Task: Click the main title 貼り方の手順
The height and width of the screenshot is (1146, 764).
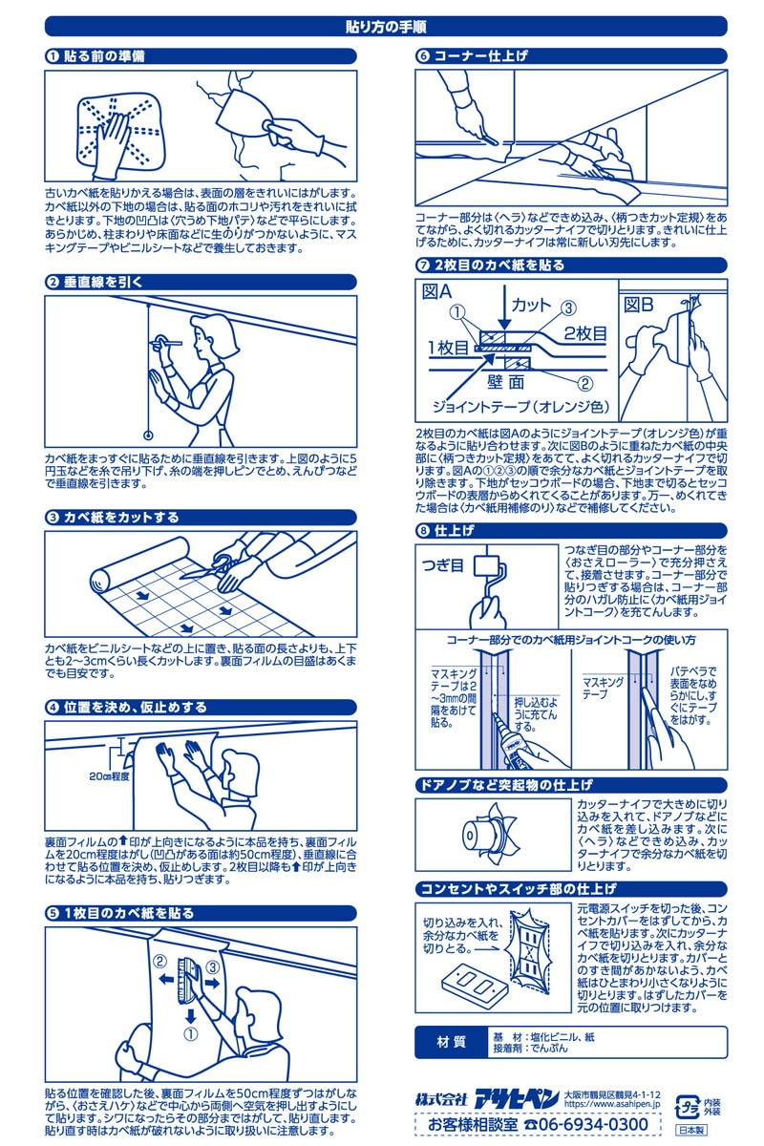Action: click(x=386, y=27)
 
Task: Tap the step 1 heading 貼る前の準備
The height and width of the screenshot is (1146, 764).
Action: click(x=104, y=56)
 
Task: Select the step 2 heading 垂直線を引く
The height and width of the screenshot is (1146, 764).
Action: click(x=103, y=282)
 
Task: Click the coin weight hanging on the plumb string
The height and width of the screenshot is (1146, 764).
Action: click(x=148, y=435)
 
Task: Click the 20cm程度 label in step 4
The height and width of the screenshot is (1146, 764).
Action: click(x=109, y=776)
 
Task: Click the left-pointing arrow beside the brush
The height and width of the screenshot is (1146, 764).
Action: click(x=166, y=978)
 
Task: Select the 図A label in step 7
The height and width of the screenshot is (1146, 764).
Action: click(x=437, y=292)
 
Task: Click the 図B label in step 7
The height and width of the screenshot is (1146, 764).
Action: click(x=639, y=305)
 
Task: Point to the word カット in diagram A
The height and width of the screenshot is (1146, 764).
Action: click(x=531, y=305)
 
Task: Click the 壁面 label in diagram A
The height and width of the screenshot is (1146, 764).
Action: click(x=505, y=382)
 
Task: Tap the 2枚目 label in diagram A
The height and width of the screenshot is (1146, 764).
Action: click(x=585, y=333)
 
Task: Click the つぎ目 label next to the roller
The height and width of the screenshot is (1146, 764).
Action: click(x=442, y=565)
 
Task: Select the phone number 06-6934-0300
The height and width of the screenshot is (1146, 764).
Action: click(x=594, y=1124)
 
